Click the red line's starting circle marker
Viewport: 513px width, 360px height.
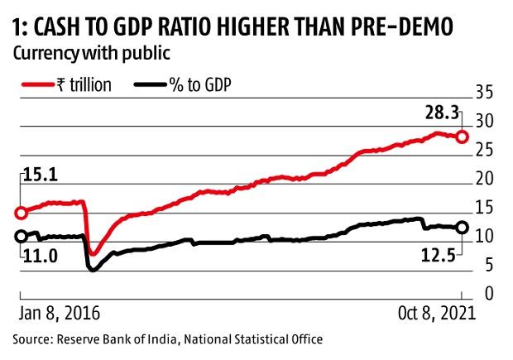[x=21, y=212]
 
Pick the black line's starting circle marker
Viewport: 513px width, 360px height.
[x=21, y=237]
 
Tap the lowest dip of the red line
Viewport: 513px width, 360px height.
[x=93, y=252]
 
